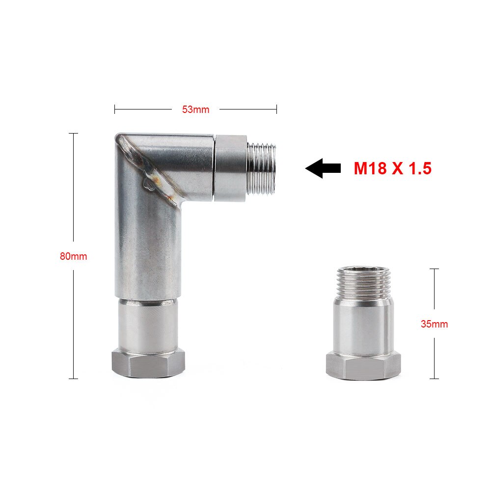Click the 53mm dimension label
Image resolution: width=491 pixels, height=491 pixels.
(x=195, y=109)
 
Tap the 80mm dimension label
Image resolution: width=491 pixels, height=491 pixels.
(x=73, y=256)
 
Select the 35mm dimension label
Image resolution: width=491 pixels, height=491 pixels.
(x=434, y=324)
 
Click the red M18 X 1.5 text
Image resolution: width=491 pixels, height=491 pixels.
(x=392, y=168)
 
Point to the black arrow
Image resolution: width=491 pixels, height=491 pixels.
(x=323, y=168)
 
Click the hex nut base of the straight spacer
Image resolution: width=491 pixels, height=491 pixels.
(x=361, y=366)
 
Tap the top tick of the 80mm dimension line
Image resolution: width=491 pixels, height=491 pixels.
(x=73, y=134)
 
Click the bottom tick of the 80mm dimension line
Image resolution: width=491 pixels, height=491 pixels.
(x=73, y=379)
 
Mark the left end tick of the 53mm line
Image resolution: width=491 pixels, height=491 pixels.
(x=115, y=109)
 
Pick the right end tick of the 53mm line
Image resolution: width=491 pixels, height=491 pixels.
(x=276, y=109)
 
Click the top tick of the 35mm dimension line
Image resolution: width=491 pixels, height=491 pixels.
(x=434, y=269)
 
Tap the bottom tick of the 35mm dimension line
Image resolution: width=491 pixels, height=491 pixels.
(x=434, y=379)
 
